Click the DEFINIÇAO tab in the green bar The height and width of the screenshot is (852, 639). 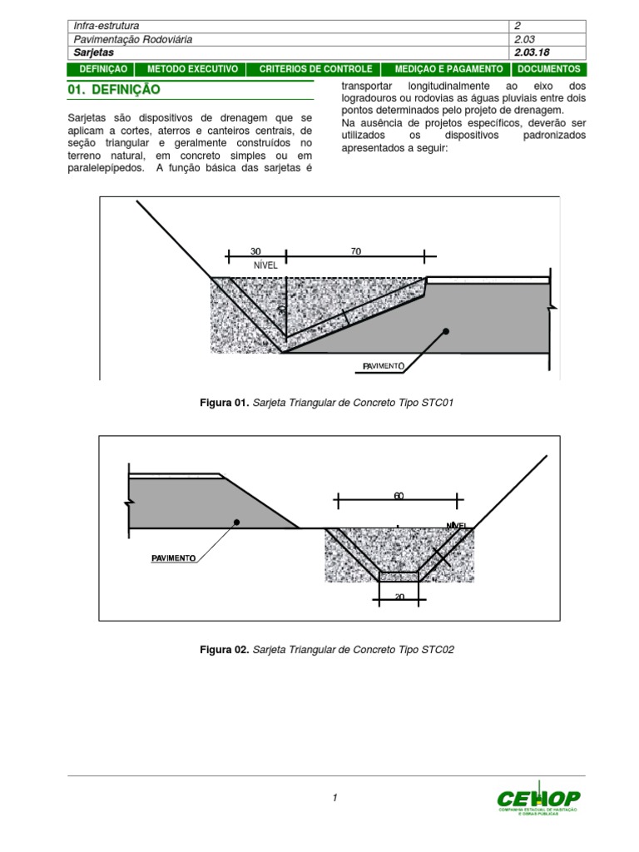102,69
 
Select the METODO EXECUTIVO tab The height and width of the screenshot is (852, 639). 192,69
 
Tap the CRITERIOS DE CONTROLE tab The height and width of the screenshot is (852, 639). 315,69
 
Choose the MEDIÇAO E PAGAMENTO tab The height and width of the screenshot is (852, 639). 448,69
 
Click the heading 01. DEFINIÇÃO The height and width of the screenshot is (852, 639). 113,89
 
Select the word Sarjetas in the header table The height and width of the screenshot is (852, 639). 93,52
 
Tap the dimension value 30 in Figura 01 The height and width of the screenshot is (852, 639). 255,251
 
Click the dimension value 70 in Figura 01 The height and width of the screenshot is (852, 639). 356,251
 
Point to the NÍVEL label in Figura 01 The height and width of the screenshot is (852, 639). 265,265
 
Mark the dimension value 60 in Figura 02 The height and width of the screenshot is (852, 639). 399,496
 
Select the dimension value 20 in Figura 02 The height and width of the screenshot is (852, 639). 399,597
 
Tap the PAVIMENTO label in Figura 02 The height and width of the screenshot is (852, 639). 174,558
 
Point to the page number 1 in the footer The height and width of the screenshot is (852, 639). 334,798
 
